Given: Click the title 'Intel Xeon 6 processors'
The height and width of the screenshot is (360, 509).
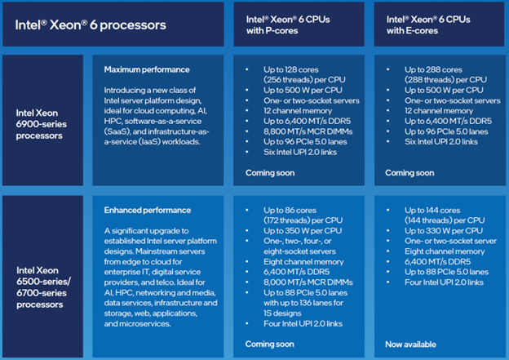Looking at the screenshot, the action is click(91, 25).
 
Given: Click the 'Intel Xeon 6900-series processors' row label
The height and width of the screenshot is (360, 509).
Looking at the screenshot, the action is click(42, 124).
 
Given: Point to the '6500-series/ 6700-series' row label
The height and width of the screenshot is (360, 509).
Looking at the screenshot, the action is click(43, 287).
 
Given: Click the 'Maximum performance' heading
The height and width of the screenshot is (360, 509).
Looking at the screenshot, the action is click(147, 69).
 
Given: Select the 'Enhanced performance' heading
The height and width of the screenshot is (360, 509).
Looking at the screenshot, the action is click(148, 211).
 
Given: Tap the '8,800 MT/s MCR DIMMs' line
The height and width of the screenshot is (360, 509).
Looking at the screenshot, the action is click(308, 131).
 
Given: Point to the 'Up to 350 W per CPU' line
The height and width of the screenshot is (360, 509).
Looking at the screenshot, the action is click(303, 231).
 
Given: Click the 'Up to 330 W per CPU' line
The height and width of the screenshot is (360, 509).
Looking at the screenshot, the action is click(444, 231).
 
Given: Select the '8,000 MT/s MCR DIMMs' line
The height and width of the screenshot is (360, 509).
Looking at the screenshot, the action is click(308, 282).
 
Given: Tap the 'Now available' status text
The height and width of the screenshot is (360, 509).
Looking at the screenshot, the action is click(410, 344).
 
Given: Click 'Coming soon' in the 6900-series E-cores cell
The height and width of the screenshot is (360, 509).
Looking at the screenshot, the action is click(409, 173).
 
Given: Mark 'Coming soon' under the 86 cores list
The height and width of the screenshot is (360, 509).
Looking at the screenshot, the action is click(269, 344).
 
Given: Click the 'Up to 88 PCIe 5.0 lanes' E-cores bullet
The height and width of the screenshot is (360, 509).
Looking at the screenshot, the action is click(446, 272).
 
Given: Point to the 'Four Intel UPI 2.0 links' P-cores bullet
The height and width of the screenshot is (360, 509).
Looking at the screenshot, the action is click(303, 323).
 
